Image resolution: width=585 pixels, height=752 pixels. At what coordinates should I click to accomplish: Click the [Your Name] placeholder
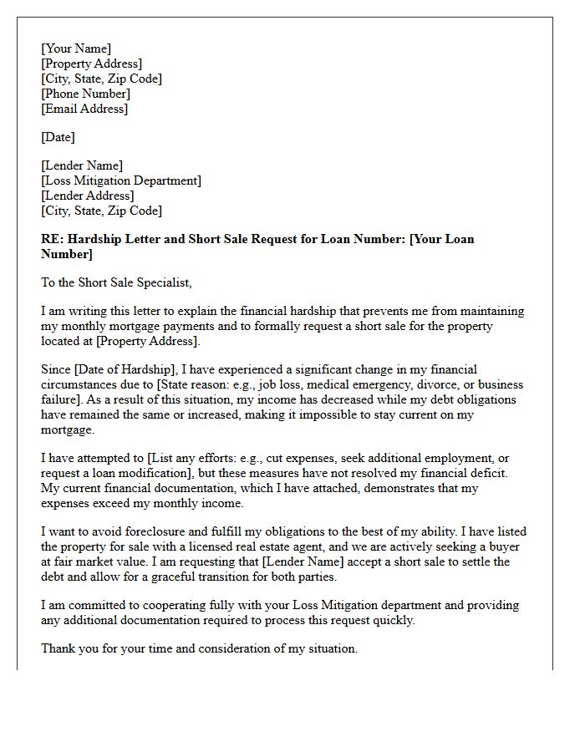pyautogui.click(x=76, y=48)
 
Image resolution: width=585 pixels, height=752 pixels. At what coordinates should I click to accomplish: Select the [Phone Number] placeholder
pyautogui.click(x=85, y=94)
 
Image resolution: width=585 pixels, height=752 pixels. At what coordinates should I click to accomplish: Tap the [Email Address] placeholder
pyautogui.click(x=84, y=109)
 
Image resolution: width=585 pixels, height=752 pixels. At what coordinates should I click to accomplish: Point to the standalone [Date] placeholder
pyautogui.click(x=58, y=137)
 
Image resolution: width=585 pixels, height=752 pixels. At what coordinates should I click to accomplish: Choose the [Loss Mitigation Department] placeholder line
pyautogui.click(x=121, y=180)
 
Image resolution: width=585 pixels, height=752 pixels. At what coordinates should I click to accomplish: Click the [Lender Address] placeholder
pyautogui.click(x=87, y=196)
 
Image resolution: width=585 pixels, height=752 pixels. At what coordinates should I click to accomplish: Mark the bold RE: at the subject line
pyautogui.click(x=52, y=239)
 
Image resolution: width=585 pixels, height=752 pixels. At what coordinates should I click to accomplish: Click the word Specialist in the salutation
pyautogui.click(x=163, y=282)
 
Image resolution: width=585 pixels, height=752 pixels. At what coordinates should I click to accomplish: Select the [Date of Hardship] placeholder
pyautogui.click(x=122, y=369)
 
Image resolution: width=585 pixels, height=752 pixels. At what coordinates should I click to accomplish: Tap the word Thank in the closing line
pyautogui.click(x=58, y=648)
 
